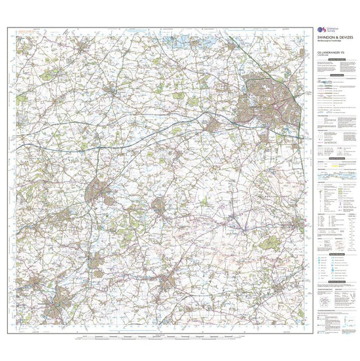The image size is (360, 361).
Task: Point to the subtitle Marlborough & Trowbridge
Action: coord(331,42)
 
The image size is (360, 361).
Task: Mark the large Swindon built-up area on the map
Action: coord(268,98)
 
